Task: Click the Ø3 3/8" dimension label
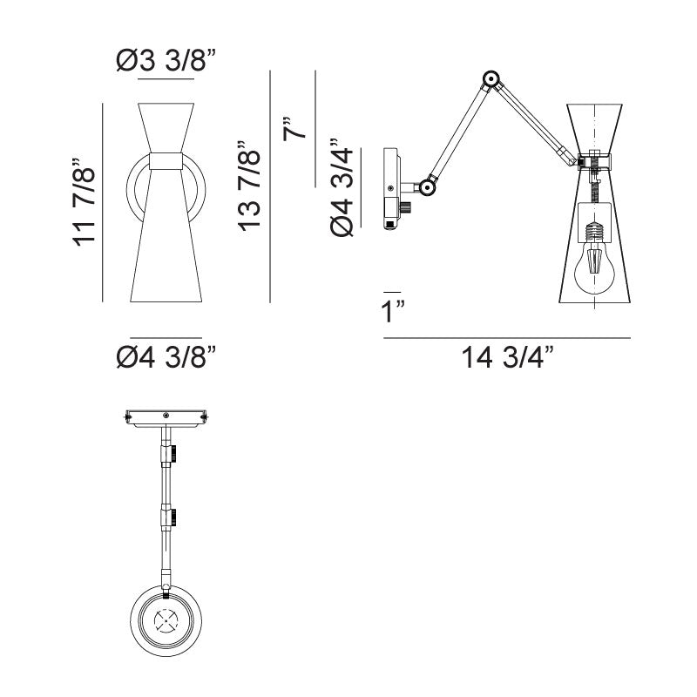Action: coord(166,60)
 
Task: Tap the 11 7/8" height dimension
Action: coord(84,202)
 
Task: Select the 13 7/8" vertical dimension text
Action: coord(248,186)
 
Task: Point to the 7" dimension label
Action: coord(294,129)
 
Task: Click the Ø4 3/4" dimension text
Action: coord(342,187)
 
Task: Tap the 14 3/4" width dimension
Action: coord(508,357)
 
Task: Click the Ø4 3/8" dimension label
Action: coord(166,356)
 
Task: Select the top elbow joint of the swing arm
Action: coord(491,80)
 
